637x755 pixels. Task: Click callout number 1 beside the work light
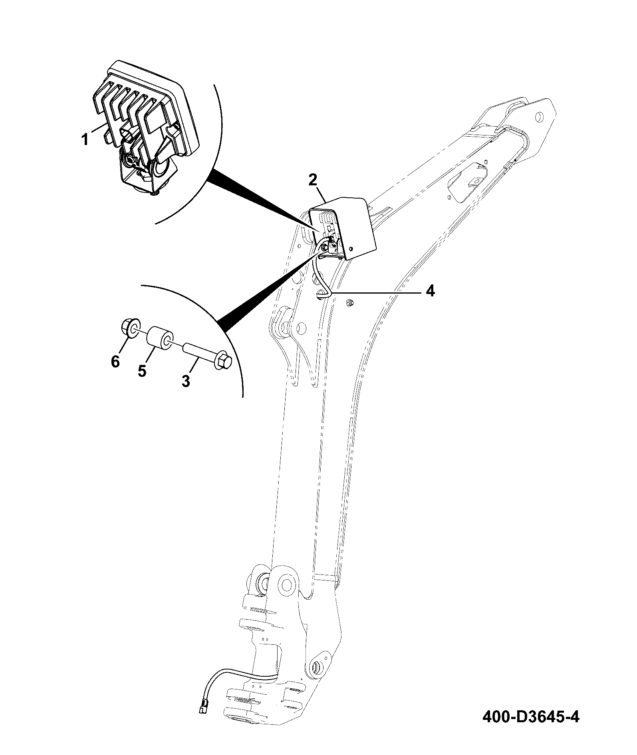[85, 140]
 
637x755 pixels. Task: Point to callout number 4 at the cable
[430, 291]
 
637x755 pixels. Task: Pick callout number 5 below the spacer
[142, 371]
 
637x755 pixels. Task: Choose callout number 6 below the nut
[115, 362]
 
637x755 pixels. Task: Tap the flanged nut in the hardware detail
[130, 328]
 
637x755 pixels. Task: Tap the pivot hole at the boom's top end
[538, 116]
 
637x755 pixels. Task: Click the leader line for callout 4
[375, 292]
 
